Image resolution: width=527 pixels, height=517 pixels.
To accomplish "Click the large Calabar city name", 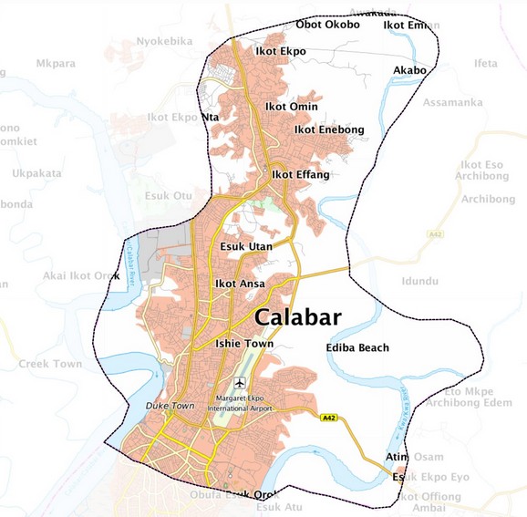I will point(298,317).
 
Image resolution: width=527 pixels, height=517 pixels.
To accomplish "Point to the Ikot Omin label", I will point(291,107).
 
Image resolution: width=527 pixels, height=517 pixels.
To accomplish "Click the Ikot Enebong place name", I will point(328,129).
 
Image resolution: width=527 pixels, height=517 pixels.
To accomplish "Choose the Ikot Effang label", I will point(301,174).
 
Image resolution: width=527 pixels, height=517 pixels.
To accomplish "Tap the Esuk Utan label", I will point(247,246).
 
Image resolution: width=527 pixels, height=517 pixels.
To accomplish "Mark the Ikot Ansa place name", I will point(240,284).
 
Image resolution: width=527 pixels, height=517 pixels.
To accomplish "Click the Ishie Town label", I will point(243,344).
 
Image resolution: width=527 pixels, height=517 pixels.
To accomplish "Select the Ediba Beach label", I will point(356,347).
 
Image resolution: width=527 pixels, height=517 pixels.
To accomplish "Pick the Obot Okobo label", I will point(327,25).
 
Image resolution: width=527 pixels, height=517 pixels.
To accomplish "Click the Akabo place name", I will point(409,70).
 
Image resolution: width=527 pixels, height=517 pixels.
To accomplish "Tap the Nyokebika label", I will point(165,41).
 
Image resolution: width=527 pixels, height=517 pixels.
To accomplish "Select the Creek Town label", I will point(50,364).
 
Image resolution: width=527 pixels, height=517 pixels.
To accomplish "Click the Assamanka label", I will point(452,102).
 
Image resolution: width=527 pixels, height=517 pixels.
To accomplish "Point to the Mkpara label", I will point(57,63).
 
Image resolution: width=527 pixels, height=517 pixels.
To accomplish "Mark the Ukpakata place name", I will point(37,172).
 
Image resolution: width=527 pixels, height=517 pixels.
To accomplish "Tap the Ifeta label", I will point(486,63).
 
